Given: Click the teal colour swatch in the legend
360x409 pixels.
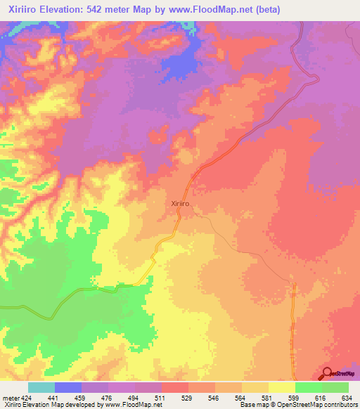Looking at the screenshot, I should (41, 387).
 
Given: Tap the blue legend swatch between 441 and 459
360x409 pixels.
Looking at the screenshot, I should (68, 387).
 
